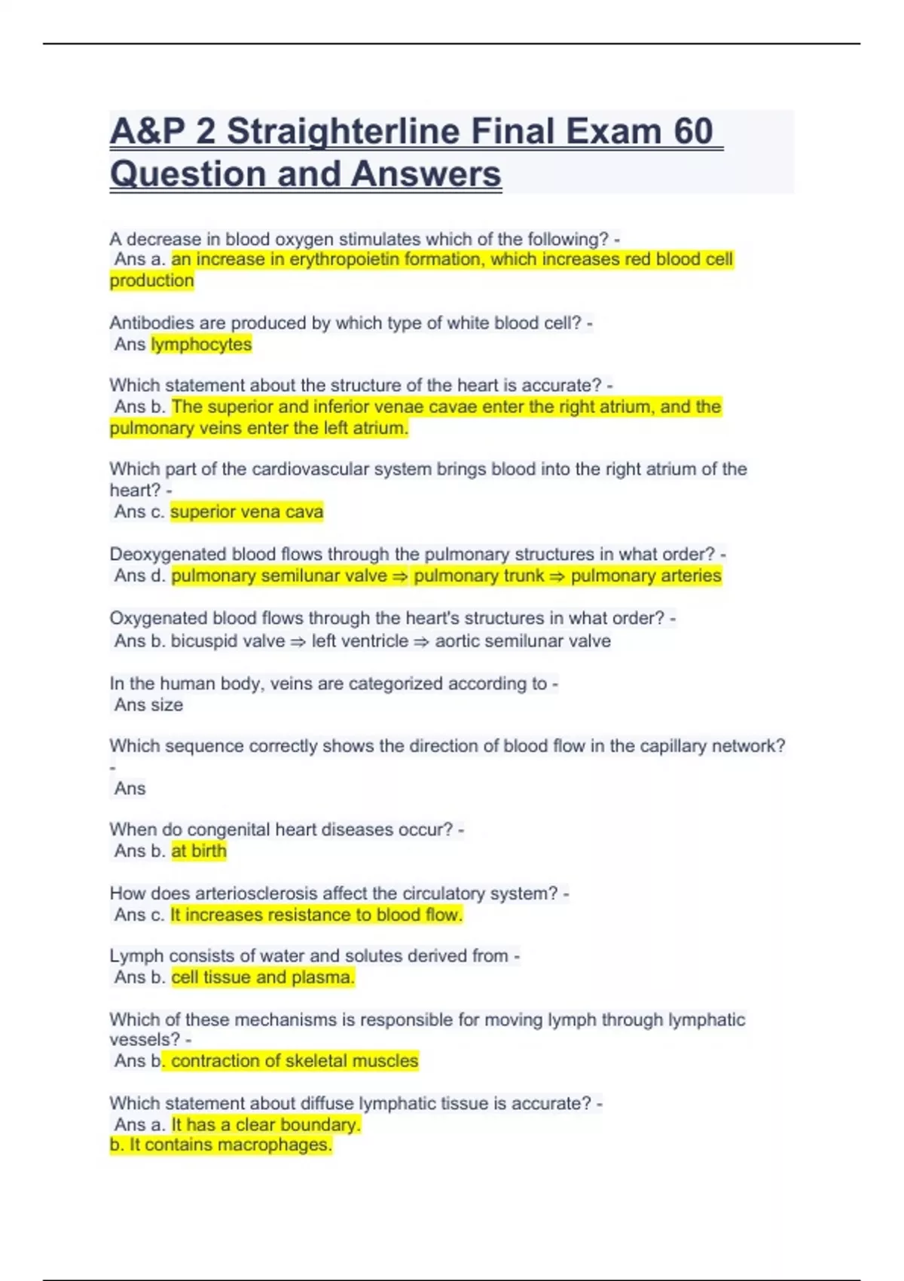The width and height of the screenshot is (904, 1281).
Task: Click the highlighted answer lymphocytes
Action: [201, 344]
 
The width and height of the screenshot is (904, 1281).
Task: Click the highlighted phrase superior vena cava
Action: [246, 512]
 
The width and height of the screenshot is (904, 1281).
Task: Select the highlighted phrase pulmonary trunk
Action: [478, 576]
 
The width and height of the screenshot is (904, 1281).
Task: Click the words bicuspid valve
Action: [228, 641]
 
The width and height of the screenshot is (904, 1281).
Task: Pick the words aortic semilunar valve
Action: [523, 641]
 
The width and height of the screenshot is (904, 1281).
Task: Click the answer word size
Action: [166, 705]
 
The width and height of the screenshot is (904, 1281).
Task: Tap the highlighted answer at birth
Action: [199, 851]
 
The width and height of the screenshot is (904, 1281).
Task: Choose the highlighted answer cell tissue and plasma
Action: [262, 977]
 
